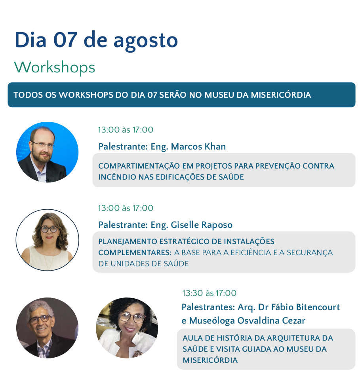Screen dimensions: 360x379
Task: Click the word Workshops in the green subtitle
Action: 54,67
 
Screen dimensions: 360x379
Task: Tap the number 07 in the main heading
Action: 65,40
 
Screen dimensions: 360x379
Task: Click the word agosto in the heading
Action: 146,41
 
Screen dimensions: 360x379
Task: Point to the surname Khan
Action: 215,146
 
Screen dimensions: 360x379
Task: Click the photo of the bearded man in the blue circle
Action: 48,152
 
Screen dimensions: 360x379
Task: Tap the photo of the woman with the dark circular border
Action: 48,240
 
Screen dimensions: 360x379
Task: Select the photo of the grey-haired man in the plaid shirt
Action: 48,328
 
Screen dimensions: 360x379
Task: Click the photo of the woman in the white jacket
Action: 127,328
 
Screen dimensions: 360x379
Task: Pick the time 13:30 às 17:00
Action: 209,293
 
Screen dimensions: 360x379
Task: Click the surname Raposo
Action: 217,225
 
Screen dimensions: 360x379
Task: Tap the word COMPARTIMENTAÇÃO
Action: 139,166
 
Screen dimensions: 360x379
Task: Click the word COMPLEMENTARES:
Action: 135,252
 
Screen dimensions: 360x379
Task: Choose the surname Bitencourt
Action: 318,307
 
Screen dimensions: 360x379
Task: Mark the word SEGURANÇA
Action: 310,252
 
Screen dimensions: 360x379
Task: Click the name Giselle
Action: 185,225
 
